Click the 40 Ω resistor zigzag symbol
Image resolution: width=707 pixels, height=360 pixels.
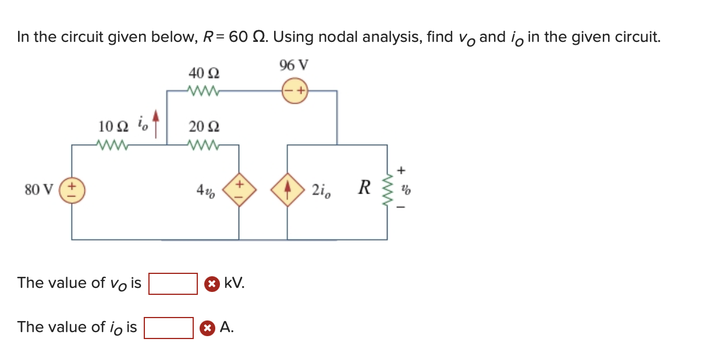[203, 91]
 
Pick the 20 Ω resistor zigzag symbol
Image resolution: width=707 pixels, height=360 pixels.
[203, 145]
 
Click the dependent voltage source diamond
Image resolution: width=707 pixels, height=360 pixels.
[239, 189]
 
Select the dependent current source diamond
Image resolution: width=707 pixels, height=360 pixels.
[287, 189]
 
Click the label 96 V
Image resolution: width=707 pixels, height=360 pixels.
[294, 65]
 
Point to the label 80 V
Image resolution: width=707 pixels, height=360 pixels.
[39, 189]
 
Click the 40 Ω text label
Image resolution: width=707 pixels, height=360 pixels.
[204, 73]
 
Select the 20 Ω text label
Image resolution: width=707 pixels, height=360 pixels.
[204, 126]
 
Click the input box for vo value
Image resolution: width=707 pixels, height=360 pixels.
[173, 284]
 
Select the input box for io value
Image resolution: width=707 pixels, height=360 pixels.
[169, 327]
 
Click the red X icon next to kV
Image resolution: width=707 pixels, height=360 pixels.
[212, 284]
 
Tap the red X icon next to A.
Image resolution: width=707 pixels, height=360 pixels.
[207, 328]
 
